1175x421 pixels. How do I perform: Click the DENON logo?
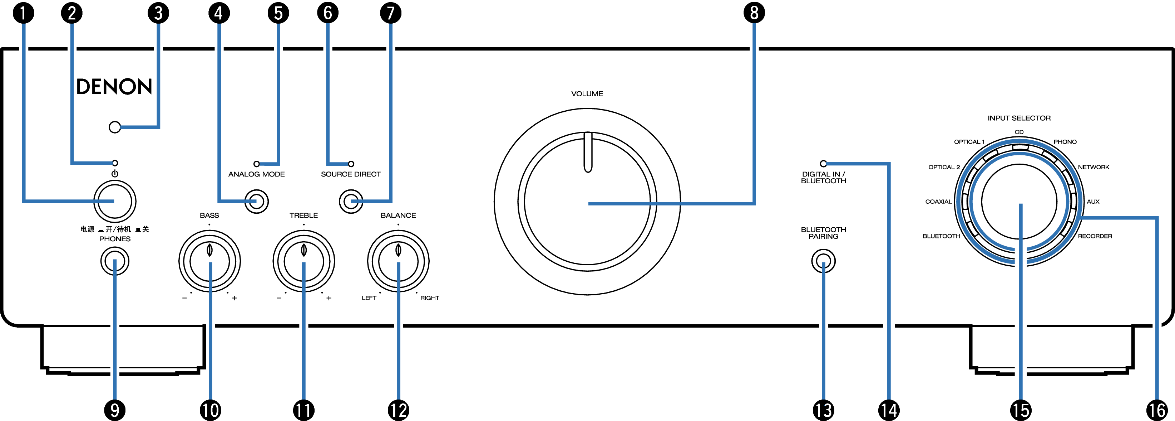pyautogui.click(x=114, y=87)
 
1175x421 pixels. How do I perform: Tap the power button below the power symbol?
pyautogui.click(x=115, y=201)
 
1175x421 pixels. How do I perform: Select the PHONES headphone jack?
pyautogui.click(x=115, y=261)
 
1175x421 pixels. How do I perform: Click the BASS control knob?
pyautogui.click(x=210, y=262)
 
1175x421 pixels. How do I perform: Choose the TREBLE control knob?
pyautogui.click(x=304, y=262)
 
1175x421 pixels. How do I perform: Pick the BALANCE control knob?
pyautogui.click(x=398, y=262)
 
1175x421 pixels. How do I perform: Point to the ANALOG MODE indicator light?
pyautogui.click(x=256, y=164)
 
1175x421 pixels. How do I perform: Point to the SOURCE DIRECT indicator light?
pyautogui.click(x=351, y=164)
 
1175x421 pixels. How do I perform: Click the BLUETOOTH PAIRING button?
pyautogui.click(x=823, y=262)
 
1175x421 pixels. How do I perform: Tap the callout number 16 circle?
pyautogui.click(x=1157, y=410)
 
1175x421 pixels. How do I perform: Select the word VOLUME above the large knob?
pyautogui.click(x=587, y=93)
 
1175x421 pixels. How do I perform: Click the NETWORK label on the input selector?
pyautogui.click(x=1093, y=167)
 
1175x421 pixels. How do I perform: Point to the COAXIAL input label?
pyautogui.click(x=938, y=201)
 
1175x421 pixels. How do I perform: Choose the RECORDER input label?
pyautogui.click(x=1095, y=236)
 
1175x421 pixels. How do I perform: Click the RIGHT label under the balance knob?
pyautogui.click(x=430, y=298)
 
